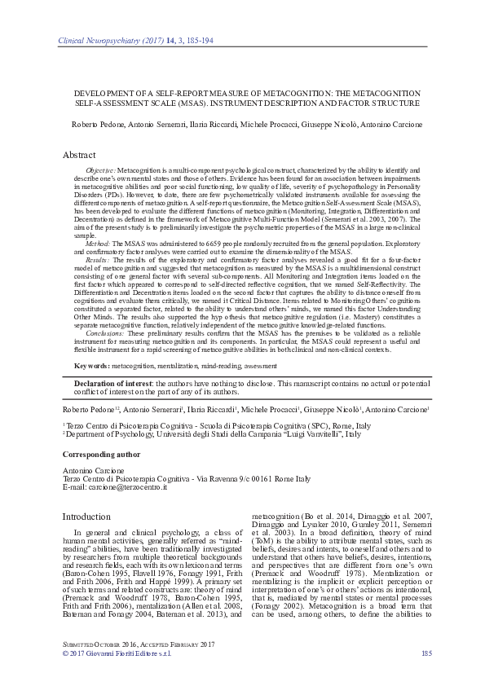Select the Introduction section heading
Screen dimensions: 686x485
86,516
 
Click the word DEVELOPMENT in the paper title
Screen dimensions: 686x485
100,93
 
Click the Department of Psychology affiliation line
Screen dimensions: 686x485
212,435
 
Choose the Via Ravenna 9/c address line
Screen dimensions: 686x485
187,478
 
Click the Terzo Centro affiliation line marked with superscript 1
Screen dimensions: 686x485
200,425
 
